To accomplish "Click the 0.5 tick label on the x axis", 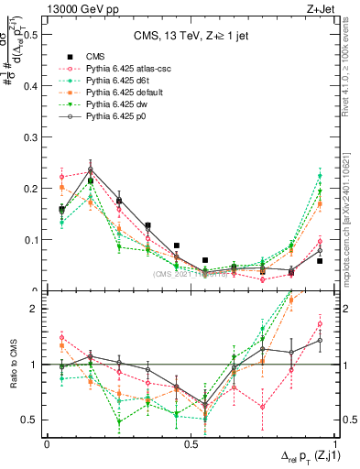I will click(x=189, y=443).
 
